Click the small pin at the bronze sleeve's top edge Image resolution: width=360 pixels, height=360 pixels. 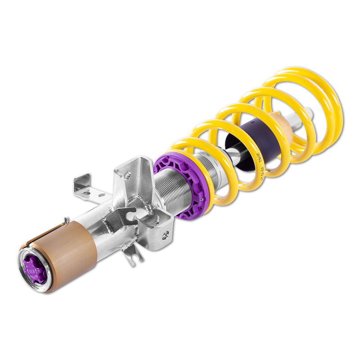click(66, 220)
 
